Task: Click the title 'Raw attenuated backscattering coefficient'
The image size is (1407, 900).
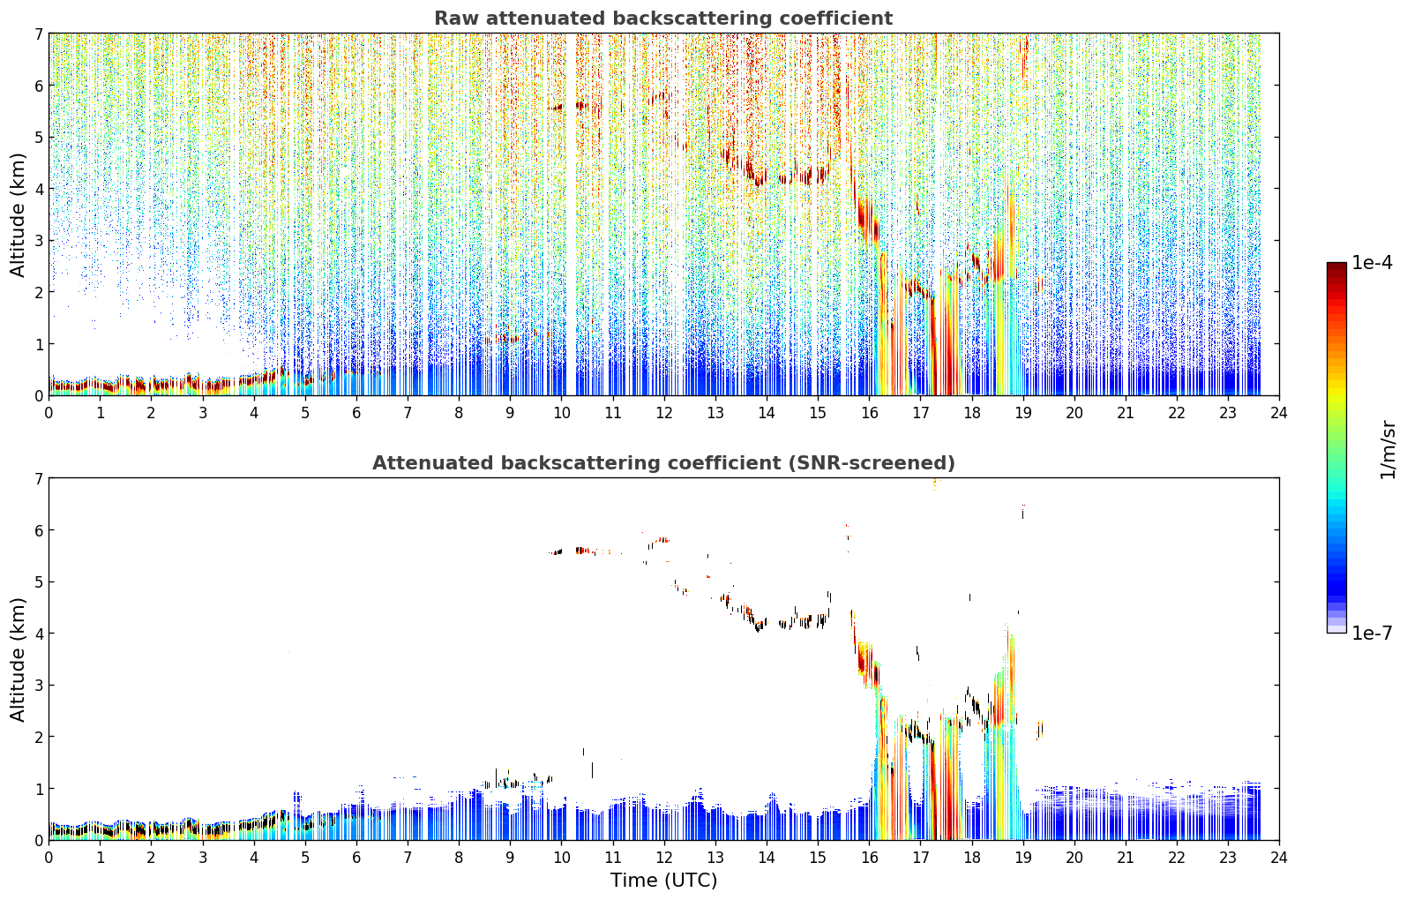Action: [x=663, y=19]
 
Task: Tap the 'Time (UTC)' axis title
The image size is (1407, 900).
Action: [x=663, y=880]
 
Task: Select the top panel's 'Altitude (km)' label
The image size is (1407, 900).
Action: [x=18, y=215]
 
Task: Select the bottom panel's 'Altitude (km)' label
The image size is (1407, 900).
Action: [x=18, y=659]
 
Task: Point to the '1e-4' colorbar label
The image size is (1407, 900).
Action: [x=1372, y=263]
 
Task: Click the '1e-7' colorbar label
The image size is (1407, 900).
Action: [x=1372, y=633]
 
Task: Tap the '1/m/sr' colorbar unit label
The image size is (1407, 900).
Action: [x=1388, y=451]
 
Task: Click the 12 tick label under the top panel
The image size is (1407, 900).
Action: [x=664, y=413]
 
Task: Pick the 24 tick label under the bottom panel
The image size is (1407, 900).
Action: [x=1279, y=858]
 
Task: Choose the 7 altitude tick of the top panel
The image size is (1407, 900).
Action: [x=38, y=34]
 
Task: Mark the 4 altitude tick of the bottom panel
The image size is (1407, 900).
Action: [x=38, y=634]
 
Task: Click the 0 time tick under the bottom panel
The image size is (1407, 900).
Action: [x=49, y=858]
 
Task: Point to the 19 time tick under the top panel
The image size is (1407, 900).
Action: [x=1023, y=413]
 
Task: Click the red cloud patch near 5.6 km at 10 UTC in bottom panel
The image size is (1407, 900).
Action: [x=584, y=551]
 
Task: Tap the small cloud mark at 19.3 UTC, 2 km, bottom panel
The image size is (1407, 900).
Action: [x=1039, y=730]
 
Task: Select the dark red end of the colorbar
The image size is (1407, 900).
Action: [x=1336, y=266]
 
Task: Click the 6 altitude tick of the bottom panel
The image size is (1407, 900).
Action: [x=38, y=529]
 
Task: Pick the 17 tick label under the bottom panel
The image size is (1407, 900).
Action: [x=920, y=858]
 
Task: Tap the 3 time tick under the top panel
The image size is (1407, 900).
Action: [x=203, y=413]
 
